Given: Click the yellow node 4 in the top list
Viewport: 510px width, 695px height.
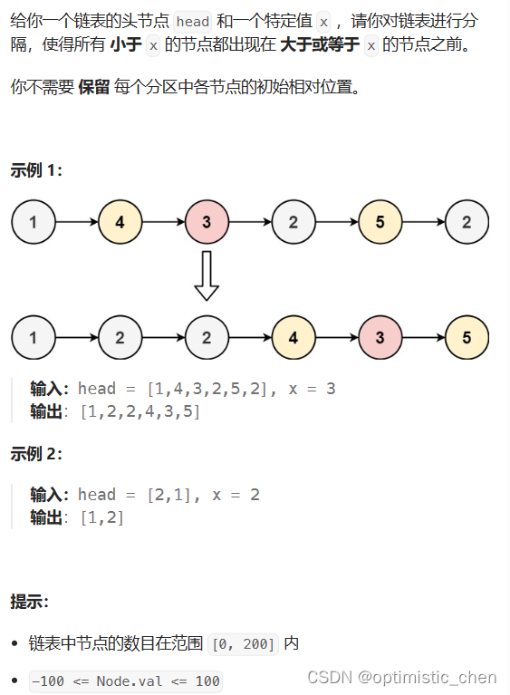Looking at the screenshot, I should click(120, 222).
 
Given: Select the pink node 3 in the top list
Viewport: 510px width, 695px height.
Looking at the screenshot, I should click(207, 222).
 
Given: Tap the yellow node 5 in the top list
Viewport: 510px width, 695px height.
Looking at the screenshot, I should click(380, 222).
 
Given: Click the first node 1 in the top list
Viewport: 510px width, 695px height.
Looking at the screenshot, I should click(34, 222).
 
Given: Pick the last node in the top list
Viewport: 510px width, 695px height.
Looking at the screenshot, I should click(467, 222).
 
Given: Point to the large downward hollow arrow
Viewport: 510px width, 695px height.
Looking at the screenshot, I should click(207, 275).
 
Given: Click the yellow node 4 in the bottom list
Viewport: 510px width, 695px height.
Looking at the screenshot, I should click(293, 337).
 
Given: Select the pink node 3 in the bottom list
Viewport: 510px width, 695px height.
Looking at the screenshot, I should click(380, 337).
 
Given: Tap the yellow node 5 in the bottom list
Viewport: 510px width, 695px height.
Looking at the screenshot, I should click(467, 337).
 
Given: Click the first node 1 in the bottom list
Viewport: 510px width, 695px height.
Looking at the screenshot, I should click(34, 337).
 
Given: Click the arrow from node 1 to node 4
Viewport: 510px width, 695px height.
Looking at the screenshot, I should click(76, 222).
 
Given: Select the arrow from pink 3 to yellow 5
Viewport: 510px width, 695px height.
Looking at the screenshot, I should click(423, 337).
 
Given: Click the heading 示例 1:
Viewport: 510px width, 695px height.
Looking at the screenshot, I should click(36, 170).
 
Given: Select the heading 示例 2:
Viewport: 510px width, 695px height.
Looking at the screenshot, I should click(36, 453).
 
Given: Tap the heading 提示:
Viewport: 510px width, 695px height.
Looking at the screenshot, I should click(30, 602).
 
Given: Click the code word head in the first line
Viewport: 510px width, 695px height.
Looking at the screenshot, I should click(192, 21).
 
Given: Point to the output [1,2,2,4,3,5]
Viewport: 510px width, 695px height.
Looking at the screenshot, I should click(140, 412).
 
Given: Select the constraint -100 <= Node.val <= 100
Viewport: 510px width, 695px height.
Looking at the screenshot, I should click(125, 681).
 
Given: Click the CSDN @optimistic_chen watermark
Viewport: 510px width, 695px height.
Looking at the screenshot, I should click(401, 677).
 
